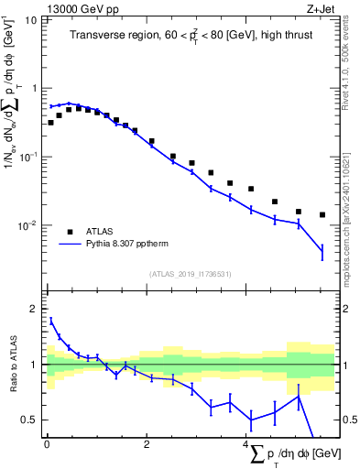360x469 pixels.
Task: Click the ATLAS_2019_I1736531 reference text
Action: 190,274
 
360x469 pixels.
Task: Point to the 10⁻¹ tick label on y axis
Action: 28,157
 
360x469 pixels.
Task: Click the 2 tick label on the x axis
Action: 146,445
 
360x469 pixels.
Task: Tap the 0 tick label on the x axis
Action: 47,445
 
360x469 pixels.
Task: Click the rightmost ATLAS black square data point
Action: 322,215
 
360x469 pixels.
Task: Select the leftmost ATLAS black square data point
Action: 51,122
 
